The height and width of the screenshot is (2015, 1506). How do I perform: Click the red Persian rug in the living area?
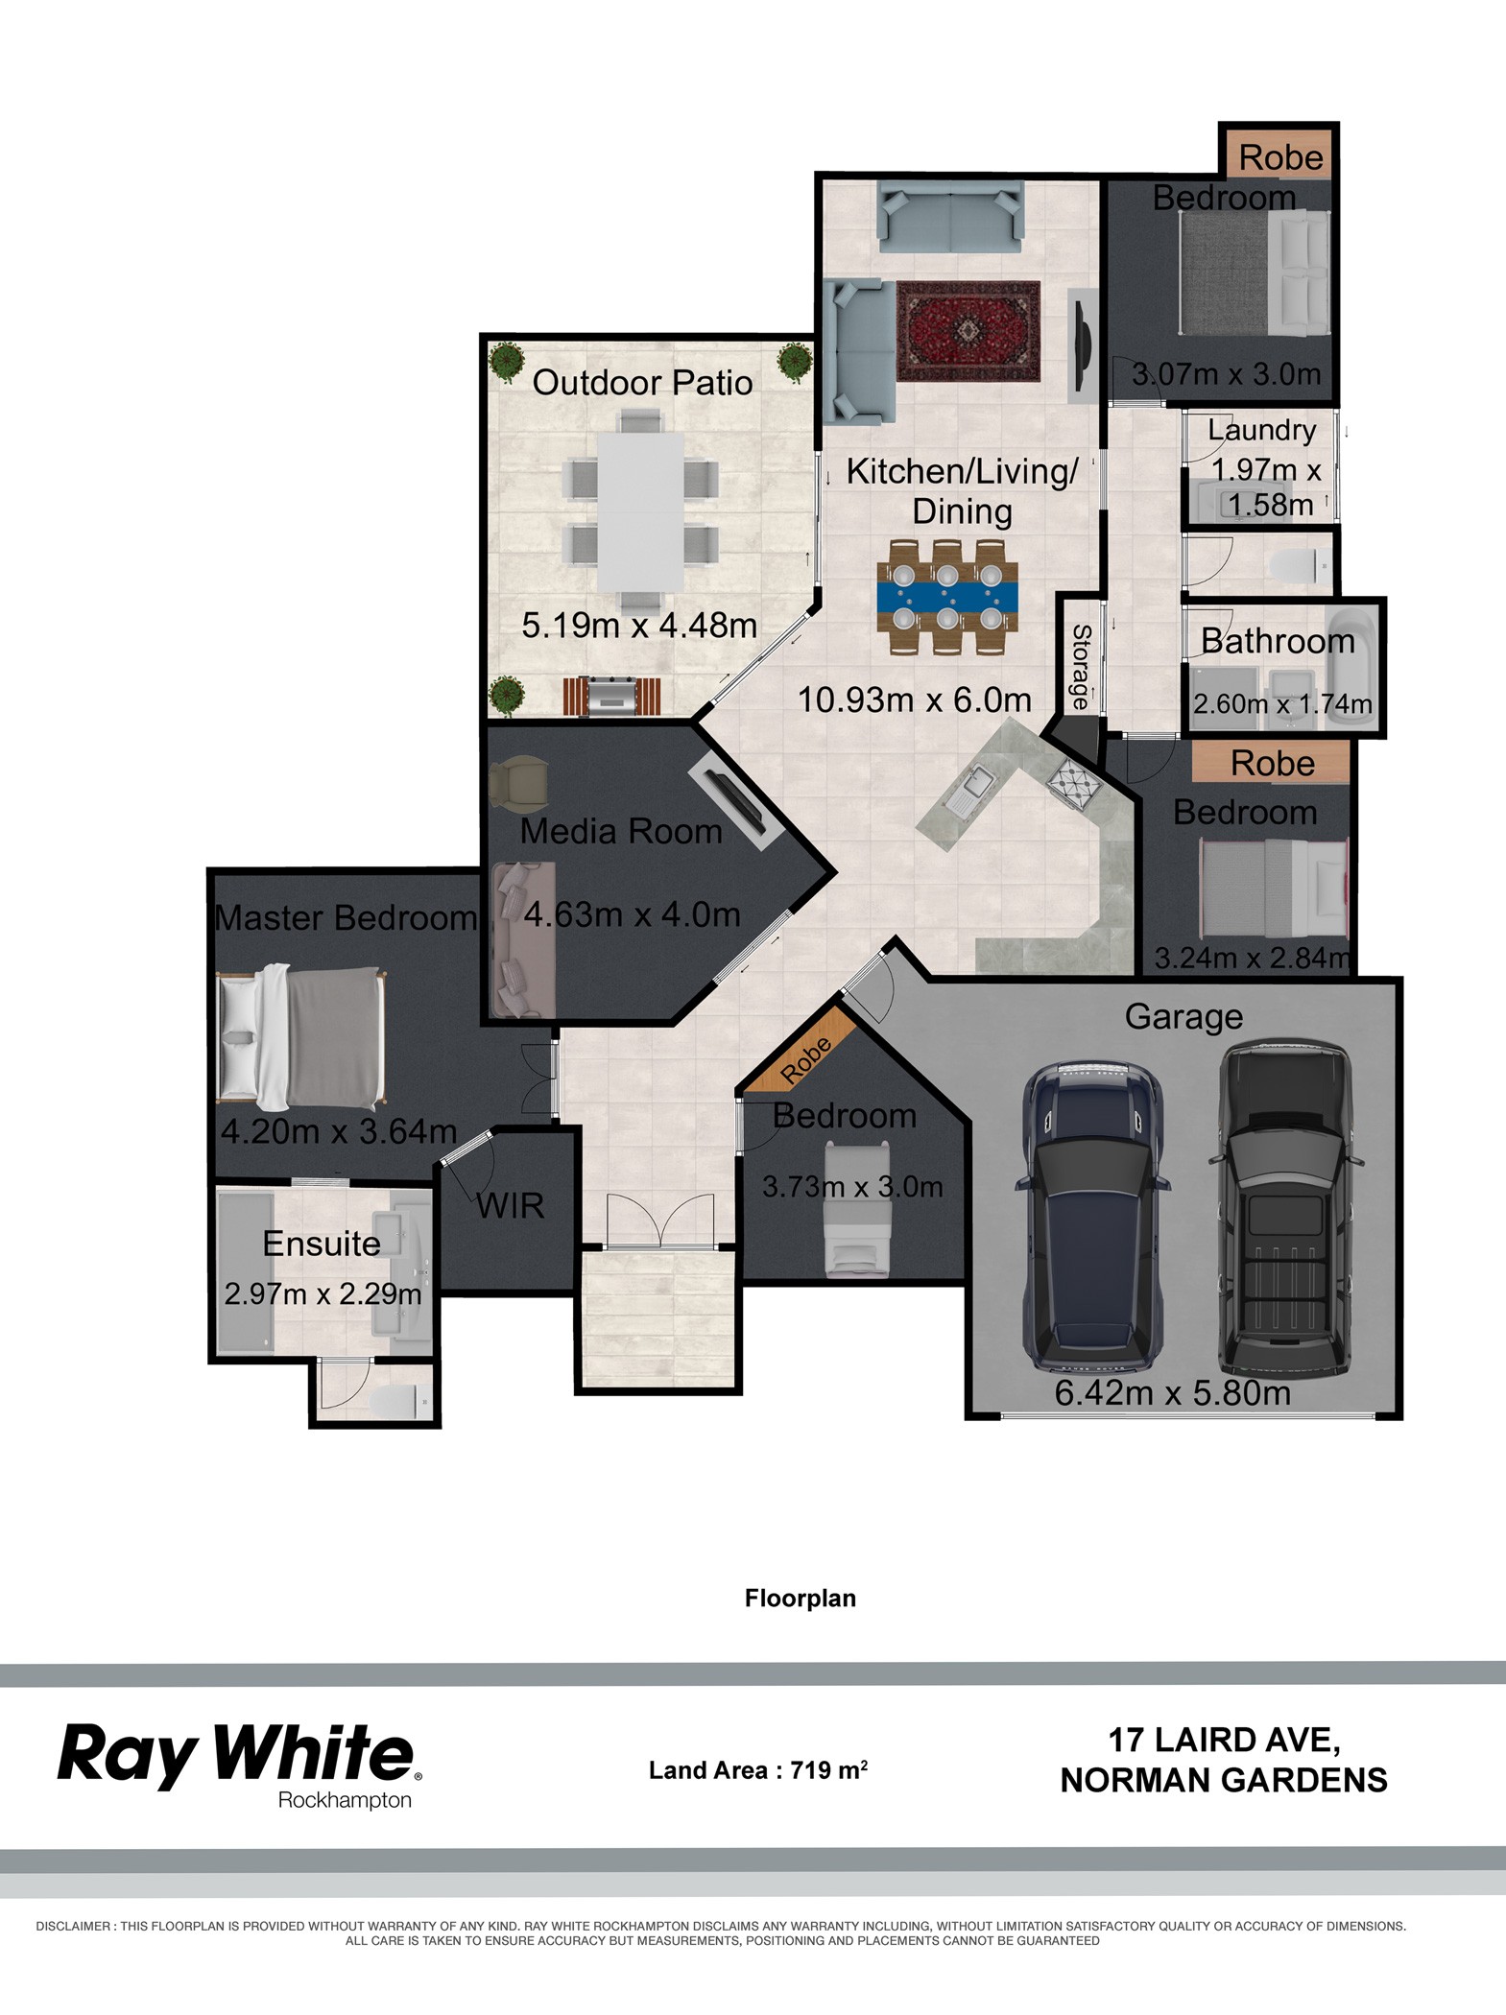click(x=968, y=331)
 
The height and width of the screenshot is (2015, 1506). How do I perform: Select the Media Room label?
click(x=621, y=831)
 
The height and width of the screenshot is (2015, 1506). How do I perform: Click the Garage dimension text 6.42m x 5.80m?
click(x=1173, y=1392)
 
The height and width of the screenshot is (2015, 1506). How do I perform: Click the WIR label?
click(x=511, y=1206)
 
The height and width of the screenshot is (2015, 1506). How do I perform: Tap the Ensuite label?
click(x=322, y=1244)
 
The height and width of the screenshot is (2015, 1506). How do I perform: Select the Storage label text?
click(x=1080, y=667)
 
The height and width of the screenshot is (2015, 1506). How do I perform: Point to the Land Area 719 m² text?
click(x=758, y=1769)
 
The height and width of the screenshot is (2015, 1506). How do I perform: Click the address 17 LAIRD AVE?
click(x=1224, y=1740)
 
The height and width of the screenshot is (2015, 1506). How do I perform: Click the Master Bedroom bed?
click(x=300, y=1036)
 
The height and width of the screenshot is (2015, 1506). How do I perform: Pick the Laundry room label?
click(x=1261, y=430)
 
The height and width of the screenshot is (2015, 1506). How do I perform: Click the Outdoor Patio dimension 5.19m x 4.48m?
click(x=639, y=626)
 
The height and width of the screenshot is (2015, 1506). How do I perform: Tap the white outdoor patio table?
click(x=641, y=511)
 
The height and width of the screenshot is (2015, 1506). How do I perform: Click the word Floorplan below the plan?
click(x=801, y=1598)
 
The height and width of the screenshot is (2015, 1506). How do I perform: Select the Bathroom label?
click(x=1278, y=641)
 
